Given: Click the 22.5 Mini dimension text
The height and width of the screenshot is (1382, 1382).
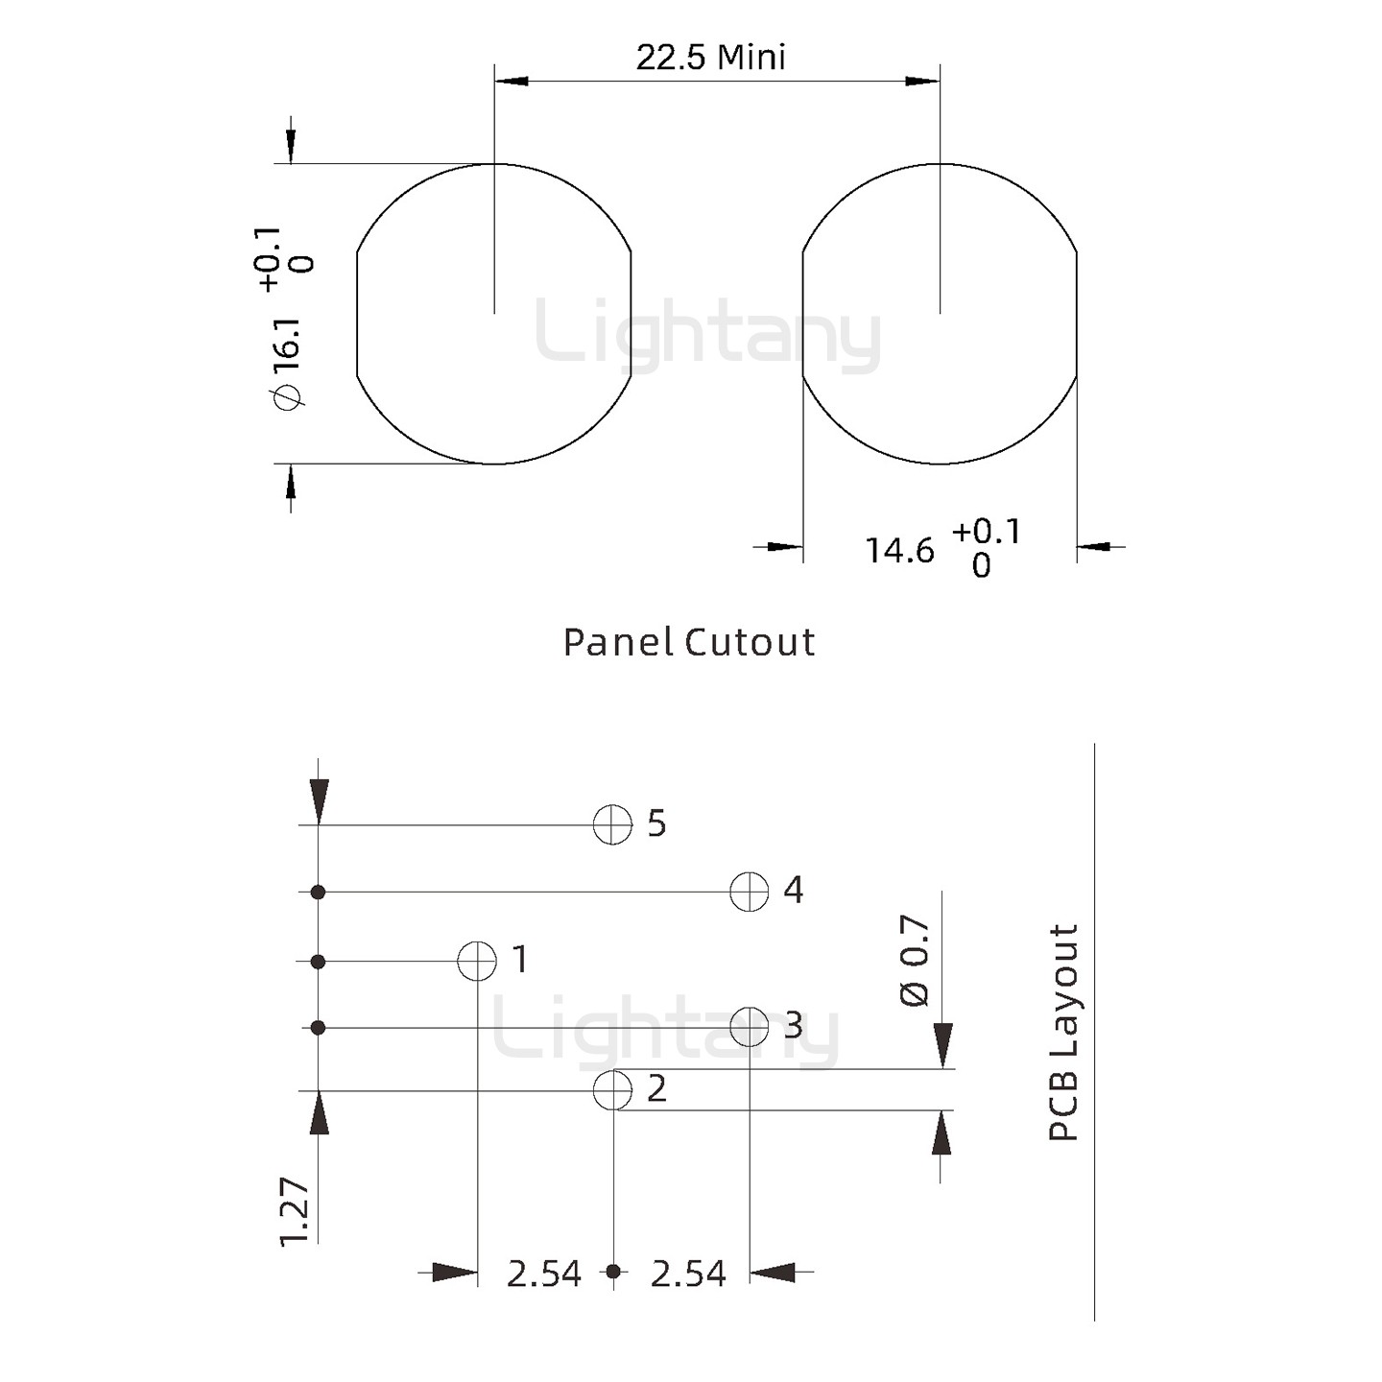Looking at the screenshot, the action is (710, 58).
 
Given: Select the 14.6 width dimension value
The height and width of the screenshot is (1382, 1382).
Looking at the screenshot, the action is (900, 551).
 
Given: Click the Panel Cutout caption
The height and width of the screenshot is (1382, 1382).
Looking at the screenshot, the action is (688, 642).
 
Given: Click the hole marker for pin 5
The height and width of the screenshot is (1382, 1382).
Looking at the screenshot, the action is (612, 824).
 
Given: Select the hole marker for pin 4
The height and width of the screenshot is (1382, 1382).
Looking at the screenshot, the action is (749, 893).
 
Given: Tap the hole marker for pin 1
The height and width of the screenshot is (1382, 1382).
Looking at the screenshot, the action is (477, 961).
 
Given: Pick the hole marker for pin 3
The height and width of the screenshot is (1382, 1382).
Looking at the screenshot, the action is (749, 1027).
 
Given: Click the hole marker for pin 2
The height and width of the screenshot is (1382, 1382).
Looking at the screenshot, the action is (612, 1091).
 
